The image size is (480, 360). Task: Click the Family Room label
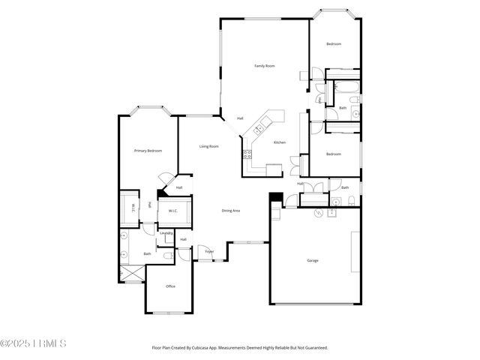(x=264, y=66)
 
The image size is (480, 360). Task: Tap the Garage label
(x=313, y=260)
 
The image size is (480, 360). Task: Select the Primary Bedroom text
(x=148, y=151)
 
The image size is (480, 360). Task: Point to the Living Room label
(x=208, y=146)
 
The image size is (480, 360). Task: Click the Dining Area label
(x=230, y=211)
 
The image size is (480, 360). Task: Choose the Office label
(x=170, y=286)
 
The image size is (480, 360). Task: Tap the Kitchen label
(x=279, y=142)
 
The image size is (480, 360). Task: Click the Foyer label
(x=209, y=251)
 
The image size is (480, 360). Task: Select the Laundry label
(x=166, y=232)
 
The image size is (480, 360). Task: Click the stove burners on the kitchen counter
(x=246, y=156)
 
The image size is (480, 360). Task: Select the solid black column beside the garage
(x=275, y=198)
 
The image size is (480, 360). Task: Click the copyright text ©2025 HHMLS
(x=33, y=343)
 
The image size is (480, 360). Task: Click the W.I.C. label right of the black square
(x=172, y=210)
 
